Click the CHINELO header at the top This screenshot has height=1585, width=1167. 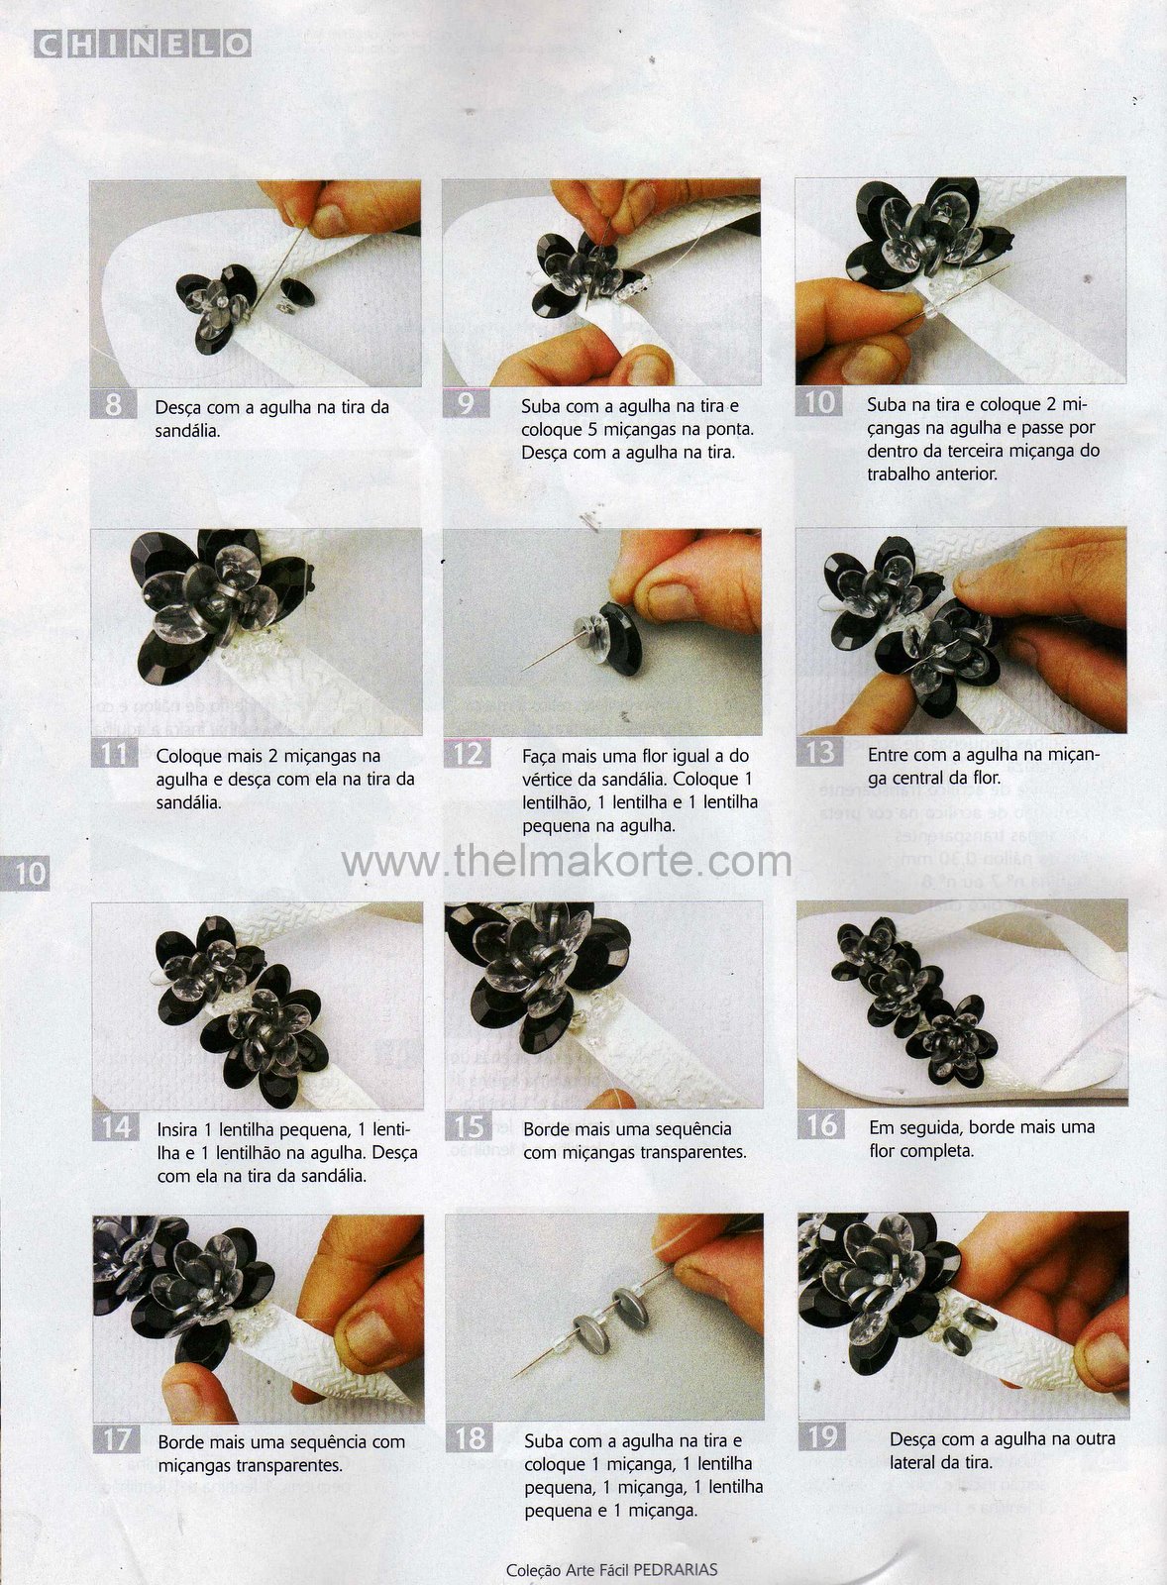[x=143, y=44]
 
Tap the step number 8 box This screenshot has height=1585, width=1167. [x=113, y=404]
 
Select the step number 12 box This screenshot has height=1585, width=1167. [x=467, y=753]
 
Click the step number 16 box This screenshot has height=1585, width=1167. [x=821, y=1124]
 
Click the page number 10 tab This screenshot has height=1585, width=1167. [x=26, y=873]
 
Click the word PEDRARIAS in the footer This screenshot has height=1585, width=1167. [x=676, y=1569]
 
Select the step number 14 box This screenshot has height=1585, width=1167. [x=115, y=1126]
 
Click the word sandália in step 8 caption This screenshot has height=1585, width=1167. [x=187, y=431]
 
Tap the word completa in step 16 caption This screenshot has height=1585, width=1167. [x=943, y=1151]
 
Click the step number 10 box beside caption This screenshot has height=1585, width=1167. [x=819, y=402]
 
